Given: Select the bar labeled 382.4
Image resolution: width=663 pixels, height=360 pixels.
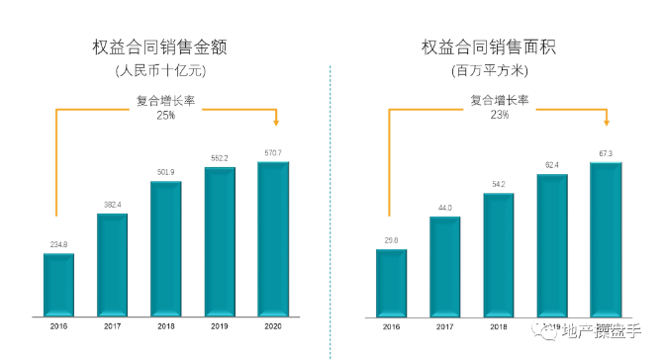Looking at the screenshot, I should point(112,263).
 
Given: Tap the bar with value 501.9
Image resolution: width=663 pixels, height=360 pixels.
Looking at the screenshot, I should point(166,247).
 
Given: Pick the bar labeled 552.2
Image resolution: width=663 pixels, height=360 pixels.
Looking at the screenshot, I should point(220,240).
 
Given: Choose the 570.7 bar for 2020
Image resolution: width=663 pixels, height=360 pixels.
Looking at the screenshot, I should point(273,237).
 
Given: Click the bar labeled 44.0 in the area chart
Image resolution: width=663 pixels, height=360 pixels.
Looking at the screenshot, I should point(444,264).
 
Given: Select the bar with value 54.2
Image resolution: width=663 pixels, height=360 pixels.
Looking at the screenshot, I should point(499,253).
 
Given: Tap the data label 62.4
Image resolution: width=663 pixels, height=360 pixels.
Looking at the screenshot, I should point(552,165).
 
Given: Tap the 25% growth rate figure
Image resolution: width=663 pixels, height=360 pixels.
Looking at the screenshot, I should point(165,116).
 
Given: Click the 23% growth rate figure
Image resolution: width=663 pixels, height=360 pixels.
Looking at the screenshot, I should point(499,115).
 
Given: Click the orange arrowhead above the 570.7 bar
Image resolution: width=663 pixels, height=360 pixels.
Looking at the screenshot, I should point(276,124).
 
